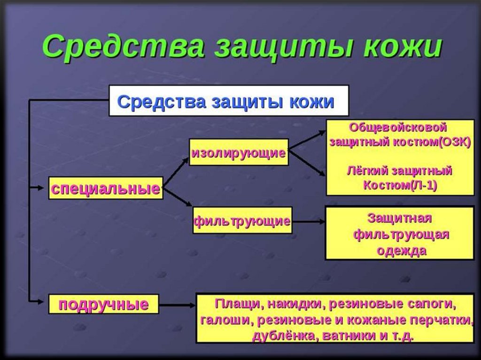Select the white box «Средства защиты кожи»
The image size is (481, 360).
[x=229, y=100]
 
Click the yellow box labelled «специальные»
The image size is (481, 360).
[x=106, y=188]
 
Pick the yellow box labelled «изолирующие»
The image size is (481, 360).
[x=239, y=152]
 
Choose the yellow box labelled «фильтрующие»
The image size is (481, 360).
[x=242, y=220]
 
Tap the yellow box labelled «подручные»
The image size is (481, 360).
[x=104, y=305]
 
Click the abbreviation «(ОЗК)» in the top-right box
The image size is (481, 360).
[x=454, y=142]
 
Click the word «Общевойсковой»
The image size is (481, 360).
[x=400, y=128]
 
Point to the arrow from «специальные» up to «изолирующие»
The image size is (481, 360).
[x=176, y=173]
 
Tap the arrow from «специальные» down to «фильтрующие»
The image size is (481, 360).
[x=178, y=198]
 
